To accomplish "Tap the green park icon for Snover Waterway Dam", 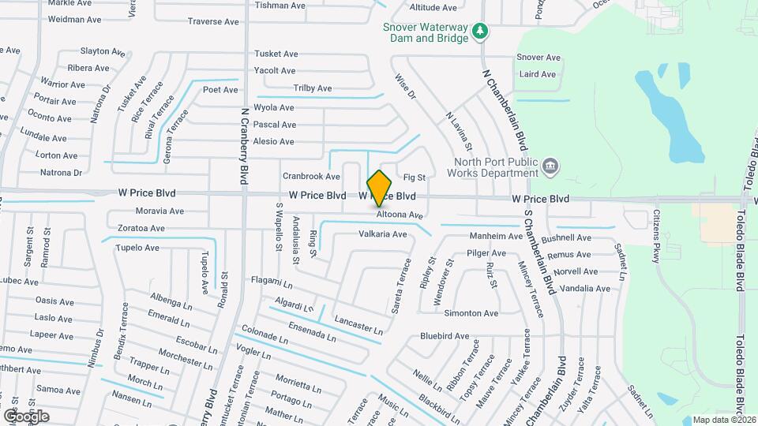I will coord(480,32).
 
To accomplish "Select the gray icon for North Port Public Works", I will coord(552,166).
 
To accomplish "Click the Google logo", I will coord(26,416).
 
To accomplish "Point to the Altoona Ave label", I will coord(400,215).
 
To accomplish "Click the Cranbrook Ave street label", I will coord(311,177).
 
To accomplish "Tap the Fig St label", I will coord(415,177).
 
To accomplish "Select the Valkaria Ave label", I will coord(383,234).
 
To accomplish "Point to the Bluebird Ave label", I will coord(445,336).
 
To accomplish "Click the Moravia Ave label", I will coord(159,211).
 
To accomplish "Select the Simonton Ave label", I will coord(471,313).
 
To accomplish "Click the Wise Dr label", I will coord(404,88).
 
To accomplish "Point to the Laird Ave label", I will coord(538,75).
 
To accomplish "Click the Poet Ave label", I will coord(220,90).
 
